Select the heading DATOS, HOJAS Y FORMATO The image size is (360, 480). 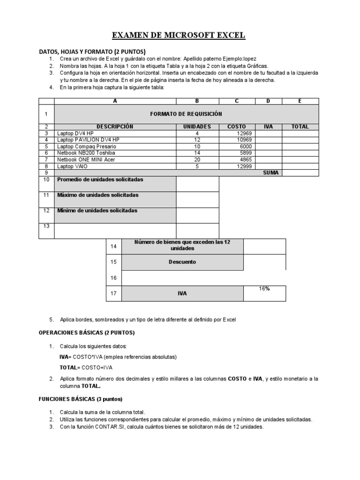point(92,51)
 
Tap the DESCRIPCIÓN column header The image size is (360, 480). point(115,127)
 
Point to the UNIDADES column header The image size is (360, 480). point(197,127)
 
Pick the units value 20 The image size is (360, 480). point(197,159)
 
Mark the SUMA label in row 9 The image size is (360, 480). point(270,172)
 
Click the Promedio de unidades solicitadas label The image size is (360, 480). point(100,180)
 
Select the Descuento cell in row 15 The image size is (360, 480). point(182,262)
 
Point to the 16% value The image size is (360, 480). point(264,289)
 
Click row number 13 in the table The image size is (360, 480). point(46,226)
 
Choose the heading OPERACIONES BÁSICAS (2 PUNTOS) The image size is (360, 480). point(86,332)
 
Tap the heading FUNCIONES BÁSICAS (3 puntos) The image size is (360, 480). point(80,399)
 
